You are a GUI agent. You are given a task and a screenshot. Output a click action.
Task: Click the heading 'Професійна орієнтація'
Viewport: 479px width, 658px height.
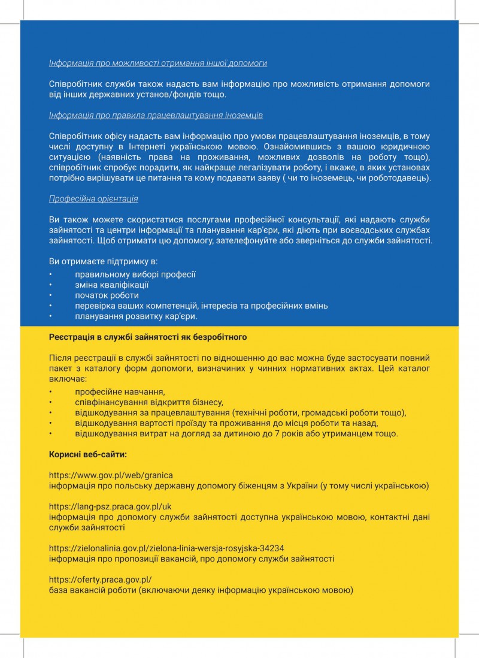pyautogui.click(x=93, y=198)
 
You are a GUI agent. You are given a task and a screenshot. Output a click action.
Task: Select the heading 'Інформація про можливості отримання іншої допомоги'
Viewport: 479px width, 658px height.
pyautogui.click(x=158, y=63)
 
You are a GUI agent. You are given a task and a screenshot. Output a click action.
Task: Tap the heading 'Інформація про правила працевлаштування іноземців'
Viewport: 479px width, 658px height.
pyautogui.click(x=156, y=115)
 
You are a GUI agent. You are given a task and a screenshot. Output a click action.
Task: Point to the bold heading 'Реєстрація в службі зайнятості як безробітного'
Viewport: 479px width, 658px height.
pyautogui.click(x=148, y=337)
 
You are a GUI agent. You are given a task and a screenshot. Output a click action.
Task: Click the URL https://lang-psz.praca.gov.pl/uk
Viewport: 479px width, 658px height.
pyautogui.click(x=110, y=506)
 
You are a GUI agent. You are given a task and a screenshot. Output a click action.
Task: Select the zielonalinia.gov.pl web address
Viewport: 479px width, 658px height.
pyautogui.click(x=166, y=548)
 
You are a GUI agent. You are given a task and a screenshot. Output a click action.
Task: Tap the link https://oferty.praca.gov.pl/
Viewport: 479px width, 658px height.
pyautogui.click(x=101, y=579)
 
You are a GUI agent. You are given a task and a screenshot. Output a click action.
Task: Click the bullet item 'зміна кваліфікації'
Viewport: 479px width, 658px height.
pyautogui.click(x=112, y=285)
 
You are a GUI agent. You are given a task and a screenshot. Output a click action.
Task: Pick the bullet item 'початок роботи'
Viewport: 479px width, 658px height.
pyautogui.click(x=107, y=295)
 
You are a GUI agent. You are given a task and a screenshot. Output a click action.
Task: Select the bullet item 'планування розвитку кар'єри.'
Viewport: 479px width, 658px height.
pyautogui.click(x=136, y=316)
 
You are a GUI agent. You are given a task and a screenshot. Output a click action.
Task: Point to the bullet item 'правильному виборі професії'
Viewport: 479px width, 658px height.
pyautogui.click(x=135, y=274)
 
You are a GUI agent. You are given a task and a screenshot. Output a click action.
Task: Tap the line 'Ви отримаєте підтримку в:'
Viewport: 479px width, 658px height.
pyautogui.click(x=103, y=262)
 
